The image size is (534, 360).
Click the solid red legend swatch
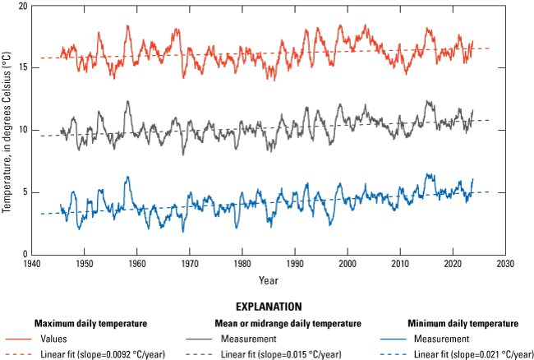(18, 339)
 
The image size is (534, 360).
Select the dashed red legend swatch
(18, 354)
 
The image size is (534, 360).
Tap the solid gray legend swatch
(199, 339)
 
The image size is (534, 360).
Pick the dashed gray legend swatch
(199, 354)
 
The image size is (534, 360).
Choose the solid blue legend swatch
(394, 339)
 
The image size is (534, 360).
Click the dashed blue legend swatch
(394, 354)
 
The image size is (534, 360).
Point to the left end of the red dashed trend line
(40, 58)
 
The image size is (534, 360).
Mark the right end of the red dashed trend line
(490, 48)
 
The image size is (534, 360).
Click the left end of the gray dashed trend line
(40, 136)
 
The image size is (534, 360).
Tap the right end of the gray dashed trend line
(490, 120)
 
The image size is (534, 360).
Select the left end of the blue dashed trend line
(40, 214)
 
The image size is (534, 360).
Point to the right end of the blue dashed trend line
(490, 192)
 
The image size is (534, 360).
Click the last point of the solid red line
(472, 41)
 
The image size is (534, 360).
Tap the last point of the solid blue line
(472, 179)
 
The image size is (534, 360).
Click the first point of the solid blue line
(61, 205)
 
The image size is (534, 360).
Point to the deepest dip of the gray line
(183, 155)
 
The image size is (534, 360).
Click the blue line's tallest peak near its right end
(428, 174)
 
